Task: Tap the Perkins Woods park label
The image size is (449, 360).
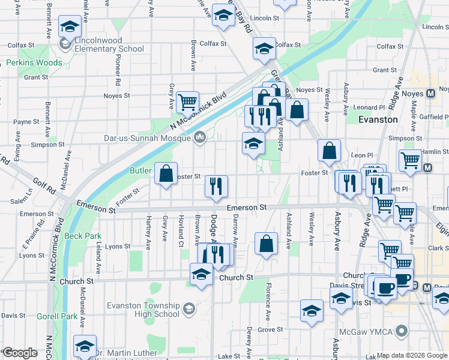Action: pos(34,62)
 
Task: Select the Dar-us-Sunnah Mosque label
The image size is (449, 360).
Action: pos(150,138)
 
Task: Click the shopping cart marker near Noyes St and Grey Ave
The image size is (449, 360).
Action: pos(188,103)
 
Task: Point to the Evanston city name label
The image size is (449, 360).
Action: pos(378,119)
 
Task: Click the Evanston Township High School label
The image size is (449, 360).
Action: pos(143,310)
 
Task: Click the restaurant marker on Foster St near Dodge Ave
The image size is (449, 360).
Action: pos(216,185)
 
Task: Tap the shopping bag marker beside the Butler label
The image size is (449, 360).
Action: pos(166,173)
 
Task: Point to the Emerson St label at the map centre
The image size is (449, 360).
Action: pos(246,208)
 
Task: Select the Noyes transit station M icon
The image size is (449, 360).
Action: pos(430,94)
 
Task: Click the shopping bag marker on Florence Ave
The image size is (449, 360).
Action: pos(266,244)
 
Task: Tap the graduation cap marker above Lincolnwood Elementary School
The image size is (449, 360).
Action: pos(70,27)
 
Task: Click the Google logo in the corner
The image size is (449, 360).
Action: pos(19,353)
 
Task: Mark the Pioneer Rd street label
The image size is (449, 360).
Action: pos(118,72)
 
